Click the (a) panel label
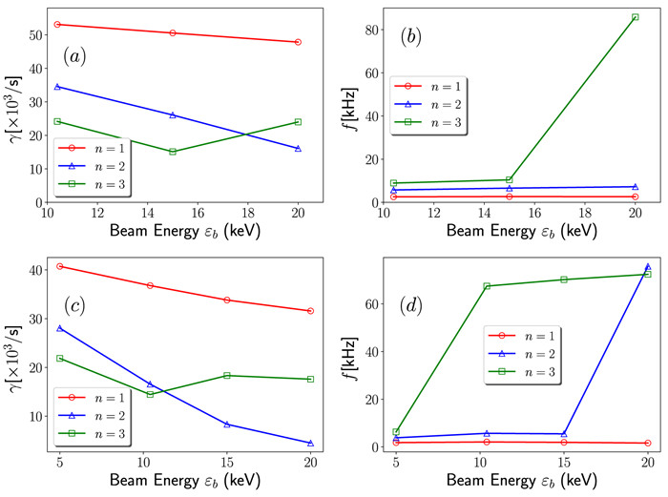(x=74, y=55)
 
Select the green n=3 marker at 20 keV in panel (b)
(x=635, y=16)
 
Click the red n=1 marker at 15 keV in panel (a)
(x=173, y=32)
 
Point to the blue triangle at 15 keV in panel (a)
(x=173, y=115)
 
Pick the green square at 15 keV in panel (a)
(x=173, y=152)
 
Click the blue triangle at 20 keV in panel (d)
(x=648, y=267)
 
